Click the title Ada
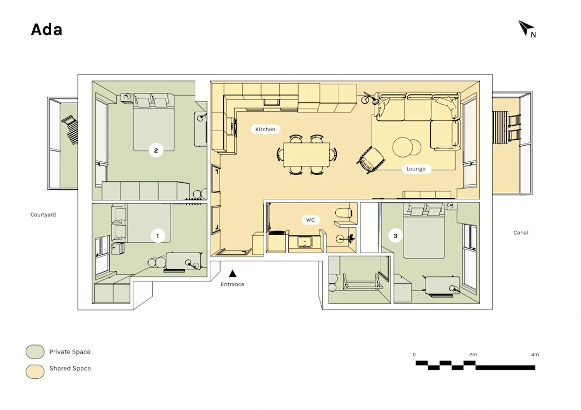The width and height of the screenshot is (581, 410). (47, 30)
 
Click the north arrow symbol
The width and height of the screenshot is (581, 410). (526, 28)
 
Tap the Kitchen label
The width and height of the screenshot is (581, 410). (265, 129)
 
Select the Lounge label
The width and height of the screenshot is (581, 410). (416, 169)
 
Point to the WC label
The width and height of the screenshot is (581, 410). (310, 220)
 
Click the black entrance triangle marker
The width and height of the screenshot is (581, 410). (232, 274)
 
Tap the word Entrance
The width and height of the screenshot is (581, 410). (232, 284)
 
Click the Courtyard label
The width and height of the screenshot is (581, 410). (43, 214)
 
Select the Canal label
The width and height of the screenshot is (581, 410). (521, 233)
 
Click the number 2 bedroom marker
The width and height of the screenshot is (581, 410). (156, 150)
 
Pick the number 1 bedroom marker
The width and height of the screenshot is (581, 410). (158, 236)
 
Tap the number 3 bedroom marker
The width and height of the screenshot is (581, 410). (395, 236)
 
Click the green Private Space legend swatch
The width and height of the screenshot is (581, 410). (35, 352)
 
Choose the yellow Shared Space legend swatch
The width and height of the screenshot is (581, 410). (35, 372)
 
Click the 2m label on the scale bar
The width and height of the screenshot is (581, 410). (473, 355)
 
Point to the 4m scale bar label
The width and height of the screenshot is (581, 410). (535, 355)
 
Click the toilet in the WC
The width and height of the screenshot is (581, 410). (343, 213)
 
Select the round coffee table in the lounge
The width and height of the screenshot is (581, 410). (407, 147)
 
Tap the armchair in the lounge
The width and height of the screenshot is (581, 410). (371, 160)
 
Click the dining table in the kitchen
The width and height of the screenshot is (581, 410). (307, 155)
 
